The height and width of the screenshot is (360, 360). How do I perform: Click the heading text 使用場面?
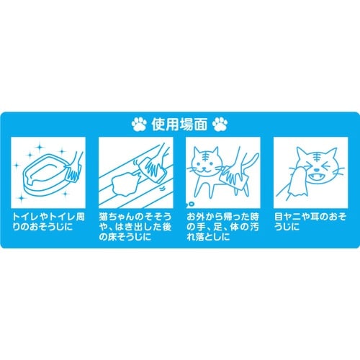point(179,125)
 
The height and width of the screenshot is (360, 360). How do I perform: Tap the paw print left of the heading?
point(139,125)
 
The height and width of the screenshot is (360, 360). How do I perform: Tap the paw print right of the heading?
point(220,125)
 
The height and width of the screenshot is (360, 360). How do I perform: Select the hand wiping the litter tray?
point(74,169)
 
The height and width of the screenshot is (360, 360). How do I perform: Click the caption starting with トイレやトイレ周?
point(48,222)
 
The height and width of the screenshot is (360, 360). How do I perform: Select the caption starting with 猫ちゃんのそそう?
point(135,227)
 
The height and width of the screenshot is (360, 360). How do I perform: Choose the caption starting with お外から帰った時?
point(223,227)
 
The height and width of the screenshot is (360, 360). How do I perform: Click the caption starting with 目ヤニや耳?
point(310,222)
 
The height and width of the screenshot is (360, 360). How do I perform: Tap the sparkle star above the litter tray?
point(40,146)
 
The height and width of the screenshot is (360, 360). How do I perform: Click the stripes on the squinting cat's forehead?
point(318,158)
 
